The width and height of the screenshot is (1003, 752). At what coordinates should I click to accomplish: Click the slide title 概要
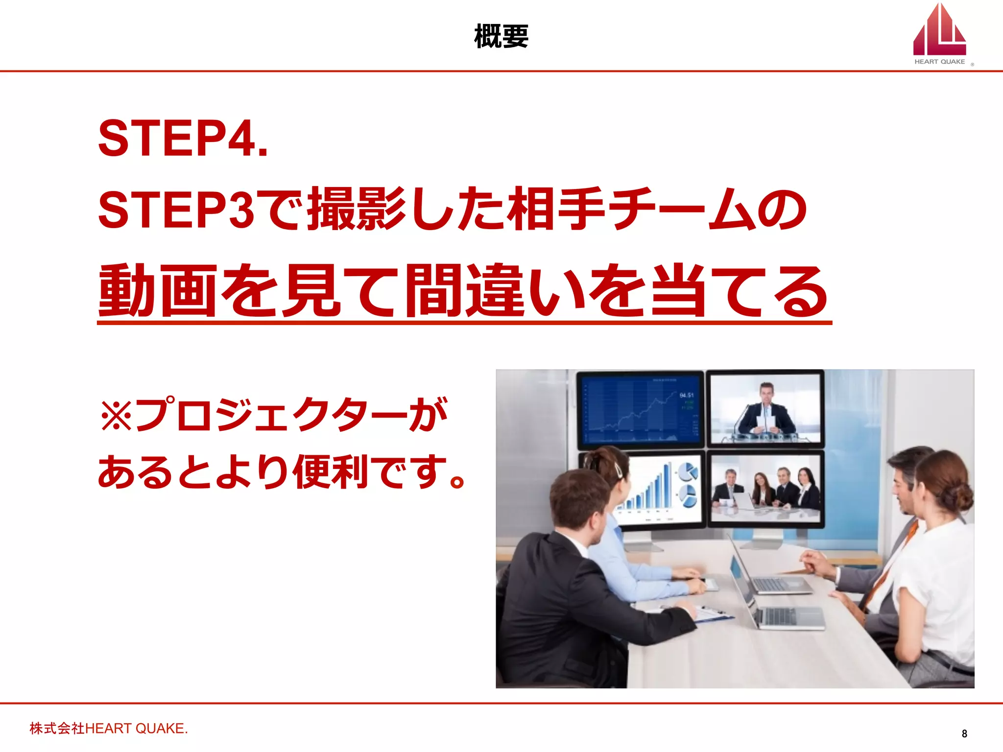(501, 37)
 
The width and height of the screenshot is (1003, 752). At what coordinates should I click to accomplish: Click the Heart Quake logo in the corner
(940, 34)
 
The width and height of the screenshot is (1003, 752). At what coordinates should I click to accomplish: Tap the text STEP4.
(183, 139)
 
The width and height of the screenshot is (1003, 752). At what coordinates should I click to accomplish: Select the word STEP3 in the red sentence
(176, 210)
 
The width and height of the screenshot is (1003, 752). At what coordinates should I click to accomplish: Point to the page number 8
(964, 733)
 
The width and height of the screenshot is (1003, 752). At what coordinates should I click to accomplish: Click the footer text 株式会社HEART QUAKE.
(108, 728)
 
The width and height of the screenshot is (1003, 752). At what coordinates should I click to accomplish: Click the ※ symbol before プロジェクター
(116, 415)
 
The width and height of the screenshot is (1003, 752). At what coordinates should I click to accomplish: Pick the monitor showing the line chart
(640, 409)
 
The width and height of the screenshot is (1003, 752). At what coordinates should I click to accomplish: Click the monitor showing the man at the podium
(765, 409)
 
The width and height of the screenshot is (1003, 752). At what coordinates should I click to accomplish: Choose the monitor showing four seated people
(765, 490)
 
